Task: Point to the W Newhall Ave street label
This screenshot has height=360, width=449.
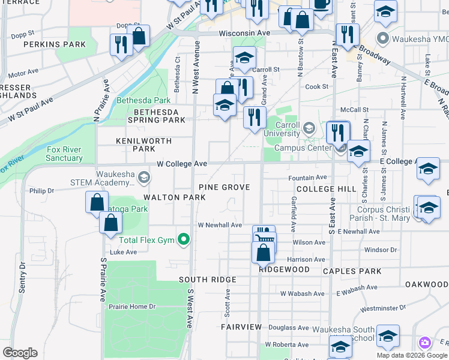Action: coord(220,225)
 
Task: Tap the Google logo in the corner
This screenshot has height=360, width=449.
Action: coord(20,353)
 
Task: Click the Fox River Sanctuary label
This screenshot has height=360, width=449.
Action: coord(64,154)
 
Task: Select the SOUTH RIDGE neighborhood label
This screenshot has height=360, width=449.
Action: coord(207,280)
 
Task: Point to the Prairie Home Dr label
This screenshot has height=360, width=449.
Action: coord(132,307)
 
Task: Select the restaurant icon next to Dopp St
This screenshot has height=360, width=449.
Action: coord(121,44)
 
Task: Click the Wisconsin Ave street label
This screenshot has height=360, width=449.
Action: coord(244,33)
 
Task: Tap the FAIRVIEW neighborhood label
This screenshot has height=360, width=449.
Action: coord(241,327)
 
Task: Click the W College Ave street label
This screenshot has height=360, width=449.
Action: coord(182,163)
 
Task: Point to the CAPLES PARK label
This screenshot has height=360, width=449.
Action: coord(352,271)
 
